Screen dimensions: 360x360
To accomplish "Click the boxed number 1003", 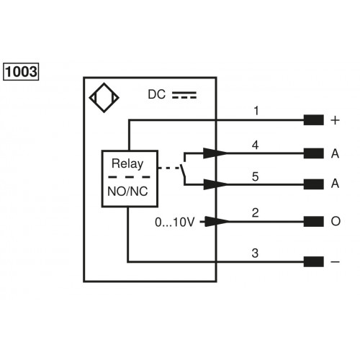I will pyautogui.click(x=21, y=72).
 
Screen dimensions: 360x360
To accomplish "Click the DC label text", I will pyautogui.click(x=156, y=94).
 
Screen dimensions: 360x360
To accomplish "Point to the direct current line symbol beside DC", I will pyautogui.click(x=184, y=94).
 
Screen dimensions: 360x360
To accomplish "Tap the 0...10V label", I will pyautogui.click(x=174, y=221).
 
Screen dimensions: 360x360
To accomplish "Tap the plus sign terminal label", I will pyautogui.click(x=335, y=121).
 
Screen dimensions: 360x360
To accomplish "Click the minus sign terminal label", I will pyautogui.click(x=335, y=262).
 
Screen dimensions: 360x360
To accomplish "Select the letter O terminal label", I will pyautogui.click(x=335, y=222).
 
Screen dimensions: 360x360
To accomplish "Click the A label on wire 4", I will pyautogui.click(x=335, y=153).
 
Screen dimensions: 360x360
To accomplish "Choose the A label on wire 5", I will pyautogui.click(x=335, y=184).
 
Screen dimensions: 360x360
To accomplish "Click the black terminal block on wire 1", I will pyautogui.click(x=313, y=121).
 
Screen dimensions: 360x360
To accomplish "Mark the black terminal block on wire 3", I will pyautogui.click(x=313, y=262).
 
